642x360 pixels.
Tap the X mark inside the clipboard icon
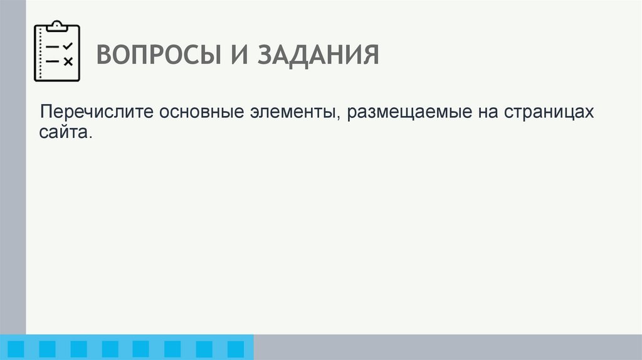(x=68, y=61)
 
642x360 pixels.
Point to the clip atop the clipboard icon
(x=58, y=26)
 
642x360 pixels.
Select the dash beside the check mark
(x=53, y=47)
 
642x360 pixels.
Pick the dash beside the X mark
(x=53, y=61)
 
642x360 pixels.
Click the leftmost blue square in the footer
(x=16, y=348)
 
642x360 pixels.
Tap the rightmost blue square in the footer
(x=235, y=348)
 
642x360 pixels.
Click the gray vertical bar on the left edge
(x=13, y=169)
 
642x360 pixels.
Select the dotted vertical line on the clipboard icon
(x=40, y=53)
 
